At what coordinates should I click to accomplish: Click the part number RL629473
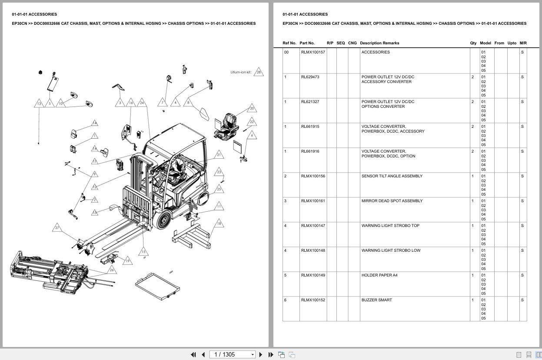click(310, 77)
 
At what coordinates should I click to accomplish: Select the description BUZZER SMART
click(376, 300)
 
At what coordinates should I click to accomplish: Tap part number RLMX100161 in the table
click(313, 201)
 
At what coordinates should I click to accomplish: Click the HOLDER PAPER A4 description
click(379, 275)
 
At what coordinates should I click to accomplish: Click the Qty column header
click(473, 43)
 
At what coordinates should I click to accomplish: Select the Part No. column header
click(307, 43)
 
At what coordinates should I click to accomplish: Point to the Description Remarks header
click(379, 43)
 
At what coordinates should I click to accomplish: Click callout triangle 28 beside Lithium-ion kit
click(259, 73)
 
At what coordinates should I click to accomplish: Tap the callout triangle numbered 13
click(39, 103)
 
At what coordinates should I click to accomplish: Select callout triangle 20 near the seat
click(252, 109)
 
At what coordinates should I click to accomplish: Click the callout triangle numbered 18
click(219, 223)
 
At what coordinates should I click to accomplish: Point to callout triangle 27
click(57, 228)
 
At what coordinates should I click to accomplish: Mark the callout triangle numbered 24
click(142, 103)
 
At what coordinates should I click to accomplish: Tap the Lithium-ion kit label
click(241, 72)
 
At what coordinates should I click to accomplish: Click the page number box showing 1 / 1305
click(232, 354)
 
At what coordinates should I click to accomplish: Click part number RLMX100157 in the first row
click(313, 52)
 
